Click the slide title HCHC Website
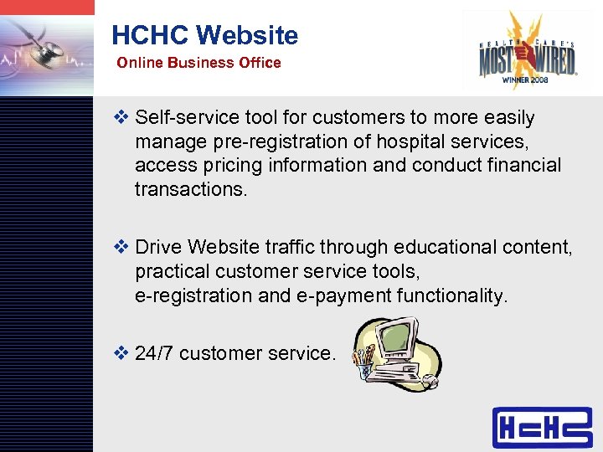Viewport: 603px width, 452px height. pyautogui.click(x=204, y=35)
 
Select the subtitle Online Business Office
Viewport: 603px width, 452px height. pyautogui.click(x=198, y=63)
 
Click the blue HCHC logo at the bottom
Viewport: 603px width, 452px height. pyautogui.click(x=542, y=427)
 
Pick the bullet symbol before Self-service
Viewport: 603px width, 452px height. pyautogui.click(x=121, y=118)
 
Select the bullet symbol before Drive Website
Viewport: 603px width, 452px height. pyautogui.click(x=121, y=248)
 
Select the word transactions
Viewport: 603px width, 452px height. pyautogui.click(x=191, y=189)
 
